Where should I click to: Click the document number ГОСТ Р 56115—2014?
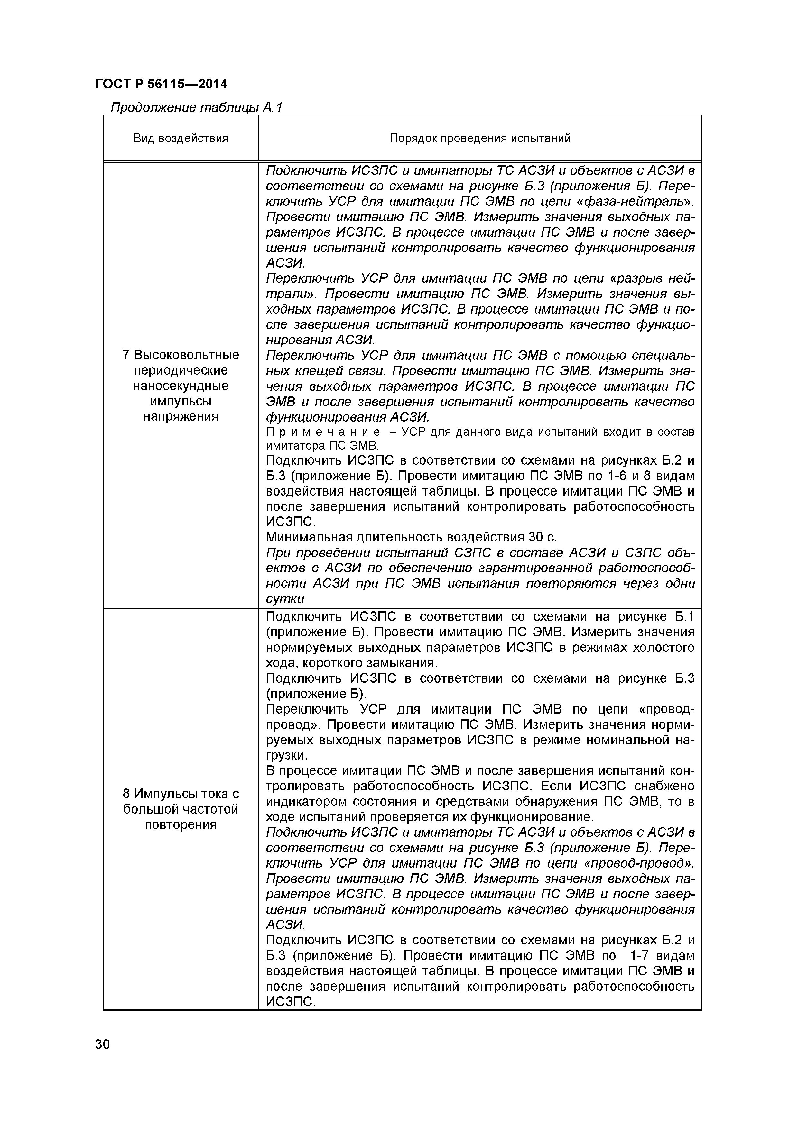pyautogui.click(x=161, y=84)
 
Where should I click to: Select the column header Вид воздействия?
pyautogui.click(x=181, y=138)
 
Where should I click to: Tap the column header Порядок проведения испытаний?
pyautogui.click(x=480, y=138)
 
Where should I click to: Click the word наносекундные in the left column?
pyautogui.click(x=181, y=386)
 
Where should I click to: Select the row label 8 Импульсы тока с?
pyautogui.click(x=181, y=794)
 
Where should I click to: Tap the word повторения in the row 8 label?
pyautogui.click(x=181, y=824)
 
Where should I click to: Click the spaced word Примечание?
pyautogui.click(x=322, y=432)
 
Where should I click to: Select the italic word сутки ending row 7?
pyautogui.click(x=285, y=599)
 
